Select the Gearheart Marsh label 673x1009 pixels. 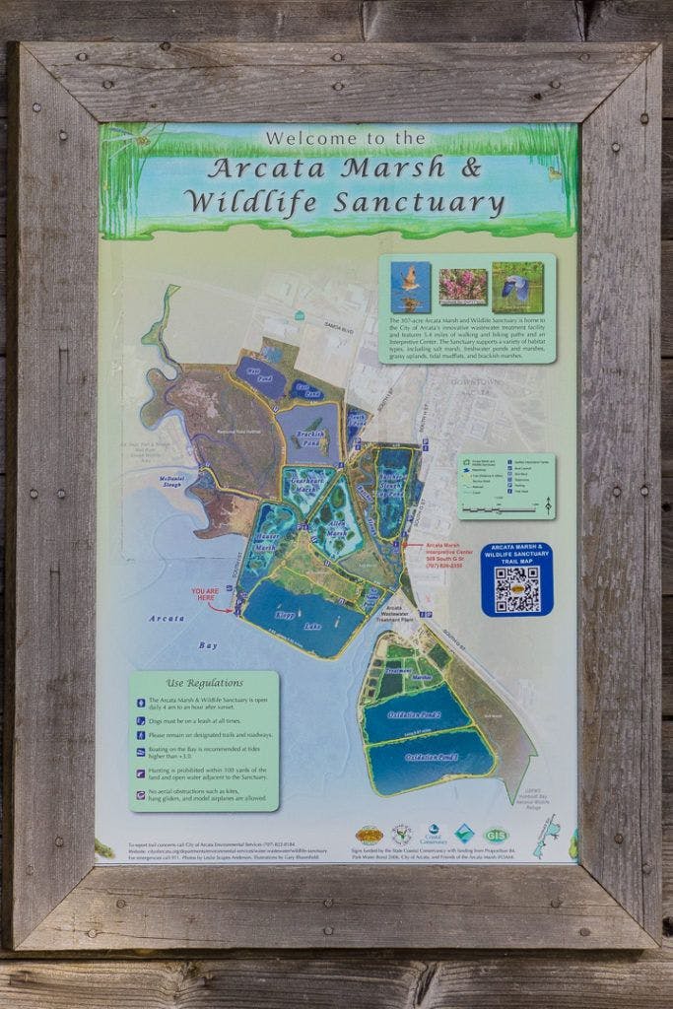point(307,484)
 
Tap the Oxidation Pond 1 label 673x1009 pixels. point(430,757)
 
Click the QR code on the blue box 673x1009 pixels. point(516,589)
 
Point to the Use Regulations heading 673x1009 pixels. point(204,682)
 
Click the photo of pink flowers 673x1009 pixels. point(463,286)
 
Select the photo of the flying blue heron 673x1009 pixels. point(517,286)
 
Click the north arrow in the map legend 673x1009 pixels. point(548,504)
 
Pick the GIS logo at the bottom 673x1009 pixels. point(496,835)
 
